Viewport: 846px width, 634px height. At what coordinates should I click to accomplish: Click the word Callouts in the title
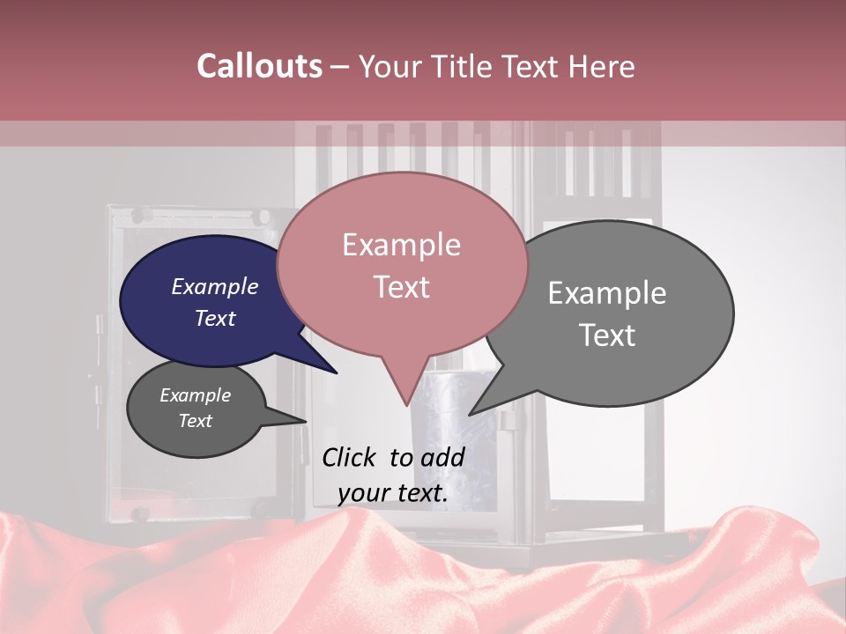pyautogui.click(x=259, y=66)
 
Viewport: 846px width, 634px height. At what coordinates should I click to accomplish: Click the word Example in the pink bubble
pyautogui.click(x=401, y=245)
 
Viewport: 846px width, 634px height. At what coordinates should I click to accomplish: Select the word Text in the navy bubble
pyautogui.click(x=215, y=318)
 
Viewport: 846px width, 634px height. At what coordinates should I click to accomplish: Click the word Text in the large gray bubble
pyautogui.click(x=607, y=335)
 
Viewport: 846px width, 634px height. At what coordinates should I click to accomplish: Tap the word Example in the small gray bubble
pyautogui.click(x=195, y=395)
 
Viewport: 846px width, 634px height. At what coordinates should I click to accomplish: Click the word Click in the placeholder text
pyautogui.click(x=350, y=457)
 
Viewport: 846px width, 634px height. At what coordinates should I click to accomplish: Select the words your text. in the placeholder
pyautogui.click(x=392, y=493)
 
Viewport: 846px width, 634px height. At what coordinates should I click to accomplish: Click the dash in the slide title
pyautogui.click(x=340, y=67)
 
